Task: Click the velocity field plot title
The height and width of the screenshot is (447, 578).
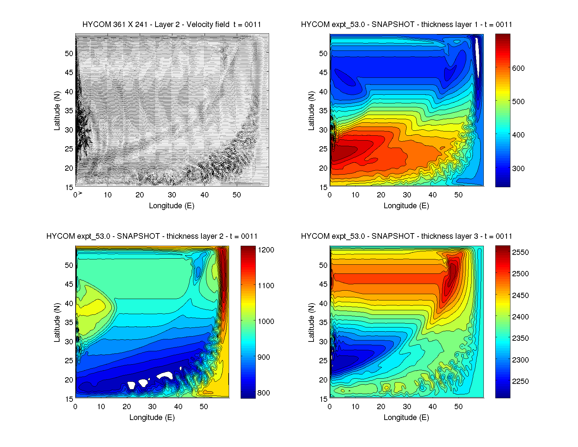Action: click(x=172, y=25)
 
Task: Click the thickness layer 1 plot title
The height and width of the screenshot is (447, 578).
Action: click(x=406, y=25)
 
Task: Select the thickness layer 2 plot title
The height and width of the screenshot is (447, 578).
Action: click(x=152, y=236)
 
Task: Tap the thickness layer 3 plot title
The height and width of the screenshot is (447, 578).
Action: click(x=406, y=236)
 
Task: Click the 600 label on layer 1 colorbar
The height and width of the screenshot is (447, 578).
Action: click(x=518, y=68)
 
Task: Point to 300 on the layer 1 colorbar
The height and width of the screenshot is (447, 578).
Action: click(x=518, y=168)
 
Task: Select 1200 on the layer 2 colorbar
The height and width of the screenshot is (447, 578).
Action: click(x=266, y=250)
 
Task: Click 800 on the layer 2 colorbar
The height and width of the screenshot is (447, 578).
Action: click(x=263, y=393)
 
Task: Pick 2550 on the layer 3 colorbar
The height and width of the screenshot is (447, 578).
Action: click(x=520, y=252)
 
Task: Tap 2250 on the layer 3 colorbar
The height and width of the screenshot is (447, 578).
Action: click(x=520, y=381)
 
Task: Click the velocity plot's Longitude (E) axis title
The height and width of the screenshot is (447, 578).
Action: click(x=172, y=206)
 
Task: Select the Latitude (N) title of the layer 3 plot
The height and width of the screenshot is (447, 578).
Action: click(x=311, y=323)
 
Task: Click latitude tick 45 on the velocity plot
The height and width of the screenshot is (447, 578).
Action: click(x=69, y=73)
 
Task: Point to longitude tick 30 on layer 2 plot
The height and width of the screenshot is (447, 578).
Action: click(x=152, y=407)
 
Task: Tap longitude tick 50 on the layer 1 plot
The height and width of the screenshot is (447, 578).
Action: click(x=458, y=195)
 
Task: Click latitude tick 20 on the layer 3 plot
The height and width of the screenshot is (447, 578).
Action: click(x=323, y=380)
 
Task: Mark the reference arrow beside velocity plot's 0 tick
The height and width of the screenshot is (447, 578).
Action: click(x=80, y=193)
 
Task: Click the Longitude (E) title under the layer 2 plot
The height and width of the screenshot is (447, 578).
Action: click(x=152, y=418)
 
